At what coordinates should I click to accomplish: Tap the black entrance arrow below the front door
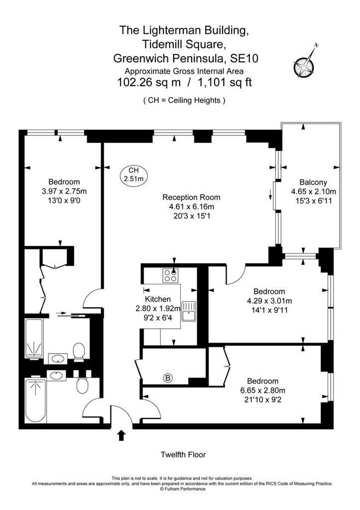(x=121, y=435)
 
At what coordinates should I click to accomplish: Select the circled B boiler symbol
(x=168, y=378)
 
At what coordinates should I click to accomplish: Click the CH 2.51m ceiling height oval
(x=133, y=174)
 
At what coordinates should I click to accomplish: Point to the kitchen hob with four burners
(x=170, y=275)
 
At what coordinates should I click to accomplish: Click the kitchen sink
(x=189, y=311)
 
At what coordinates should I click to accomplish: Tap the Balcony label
(x=313, y=182)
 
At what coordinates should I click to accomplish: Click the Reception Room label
(x=191, y=197)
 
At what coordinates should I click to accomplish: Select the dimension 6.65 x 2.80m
(x=263, y=390)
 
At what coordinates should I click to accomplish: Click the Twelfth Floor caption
(x=183, y=454)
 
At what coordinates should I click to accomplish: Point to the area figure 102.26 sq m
(x=148, y=82)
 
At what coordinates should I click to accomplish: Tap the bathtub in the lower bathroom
(x=35, y=400)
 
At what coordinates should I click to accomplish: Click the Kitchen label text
(x=158, y=299)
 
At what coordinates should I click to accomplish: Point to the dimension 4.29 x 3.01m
(x=269, y=300)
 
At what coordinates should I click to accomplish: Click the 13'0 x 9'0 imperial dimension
(x=64, y=200)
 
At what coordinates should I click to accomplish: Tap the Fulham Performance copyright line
(x=182, y=489)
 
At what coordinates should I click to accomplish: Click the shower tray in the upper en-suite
(x=34, y=339)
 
